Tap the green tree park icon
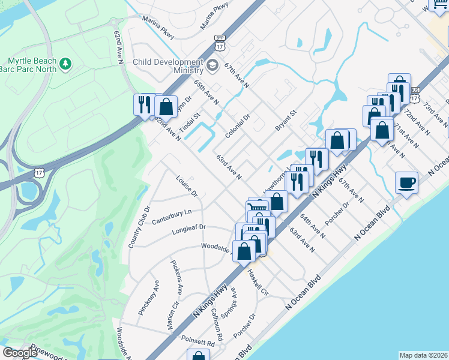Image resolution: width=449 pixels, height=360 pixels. [66, 62]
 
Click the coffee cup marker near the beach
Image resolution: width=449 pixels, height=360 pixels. [407, 183]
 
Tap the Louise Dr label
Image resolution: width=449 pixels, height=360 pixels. [187, 186]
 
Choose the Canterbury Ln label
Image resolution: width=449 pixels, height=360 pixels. [172, 212]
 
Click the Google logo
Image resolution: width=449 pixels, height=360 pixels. [20, 353]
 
